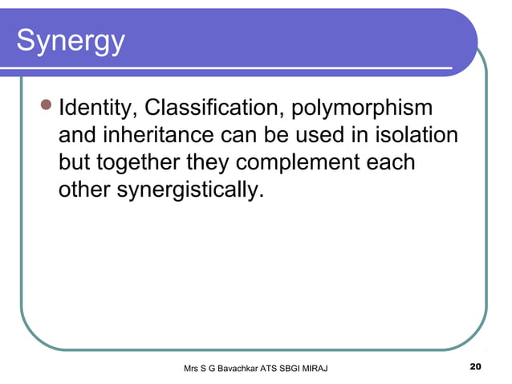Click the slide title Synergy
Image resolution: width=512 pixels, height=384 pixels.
coord(70,41)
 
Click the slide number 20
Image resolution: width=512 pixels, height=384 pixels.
coord(474,368)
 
